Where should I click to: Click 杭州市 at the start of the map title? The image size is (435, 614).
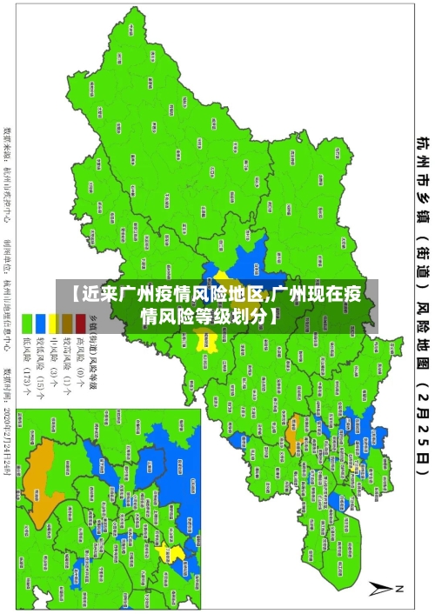pos(422,157)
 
